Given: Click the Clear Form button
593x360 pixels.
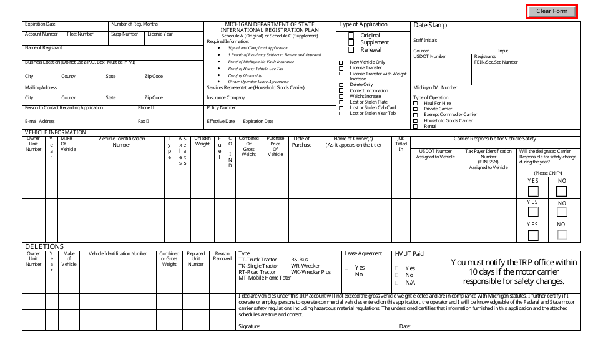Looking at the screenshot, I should tap(551, 11).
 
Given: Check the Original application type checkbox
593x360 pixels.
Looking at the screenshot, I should tap(351, 36).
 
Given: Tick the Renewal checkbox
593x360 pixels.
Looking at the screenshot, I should tap(351, 50).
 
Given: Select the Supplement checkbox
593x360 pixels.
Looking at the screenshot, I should tap(351, 43).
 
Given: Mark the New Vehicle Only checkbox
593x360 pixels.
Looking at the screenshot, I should tap(341, 62).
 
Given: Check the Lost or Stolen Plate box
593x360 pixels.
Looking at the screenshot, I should tap(341, 102).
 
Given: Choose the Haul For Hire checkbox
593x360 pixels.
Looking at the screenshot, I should tap(416, 104).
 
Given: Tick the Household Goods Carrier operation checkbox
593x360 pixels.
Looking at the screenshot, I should tap(416, 120).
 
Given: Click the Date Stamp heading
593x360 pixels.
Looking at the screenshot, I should tap(430, 26).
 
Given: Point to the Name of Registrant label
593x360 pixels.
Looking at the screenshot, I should tap(44, 48).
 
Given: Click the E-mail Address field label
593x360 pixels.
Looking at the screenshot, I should tap(40, 122).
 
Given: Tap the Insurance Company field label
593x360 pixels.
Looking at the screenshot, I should tap(226, 98).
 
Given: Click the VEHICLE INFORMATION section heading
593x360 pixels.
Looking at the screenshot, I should tap(55, 132).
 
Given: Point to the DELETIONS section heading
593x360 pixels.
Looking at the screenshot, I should tap(44, 247).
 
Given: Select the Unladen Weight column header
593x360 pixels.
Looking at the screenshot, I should tap(202, 141).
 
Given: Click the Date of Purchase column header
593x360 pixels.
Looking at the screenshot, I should tap(301, 142).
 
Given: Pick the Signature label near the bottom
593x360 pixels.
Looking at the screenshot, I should tap(249, 326).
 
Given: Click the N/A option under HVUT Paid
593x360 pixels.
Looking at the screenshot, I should tap(399, 283).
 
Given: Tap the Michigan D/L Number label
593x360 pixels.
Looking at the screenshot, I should tap(435, 88).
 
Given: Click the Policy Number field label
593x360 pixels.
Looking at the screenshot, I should tap(222, 108).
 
